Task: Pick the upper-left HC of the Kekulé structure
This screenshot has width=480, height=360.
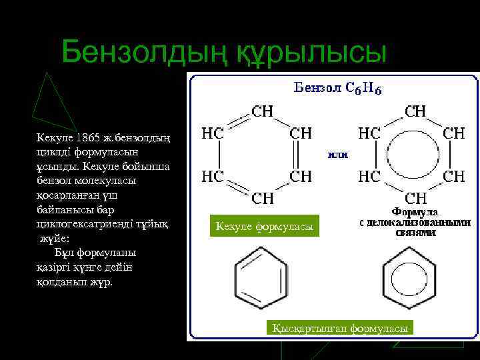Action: pyautogui.click(x=213, y=133)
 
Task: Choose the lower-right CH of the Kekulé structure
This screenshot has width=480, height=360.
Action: pyautogui.click(x=300, y=176)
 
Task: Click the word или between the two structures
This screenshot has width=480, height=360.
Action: pyautogui.click(x=337, y=154)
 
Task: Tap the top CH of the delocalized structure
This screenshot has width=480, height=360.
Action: pyautogui.click(x=417, y=110)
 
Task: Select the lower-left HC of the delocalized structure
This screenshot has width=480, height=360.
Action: pyautogui.click(x=369, y=176)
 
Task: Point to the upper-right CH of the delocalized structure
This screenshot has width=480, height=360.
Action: pyautogui.click(x=454, y=133)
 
